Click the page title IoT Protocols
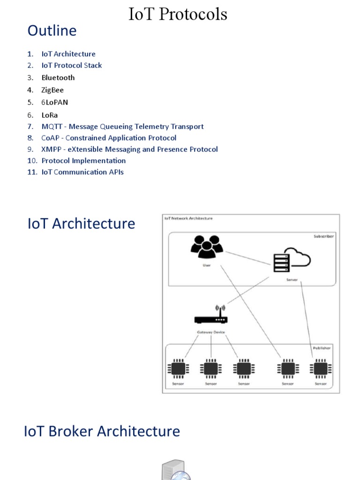(x=178, y=14)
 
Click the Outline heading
(x=52, y=30)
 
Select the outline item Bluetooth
(x=58, y=78)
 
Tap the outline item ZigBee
(x=52, y=90)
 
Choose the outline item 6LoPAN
(x=54, y=102)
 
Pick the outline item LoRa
(x=50, y=115)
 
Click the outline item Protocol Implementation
(x=83, y=161)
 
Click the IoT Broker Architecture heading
(x=102, y=431)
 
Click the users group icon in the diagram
(x=207, y=247)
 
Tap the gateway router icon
(x=211, y=316)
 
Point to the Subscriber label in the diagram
(x=323, y=237)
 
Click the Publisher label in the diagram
(x=322, y=348)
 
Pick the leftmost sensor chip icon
(x=178, y=369)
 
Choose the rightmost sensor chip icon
(x=321, y=369)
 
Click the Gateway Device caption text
(x=211, y=332)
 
